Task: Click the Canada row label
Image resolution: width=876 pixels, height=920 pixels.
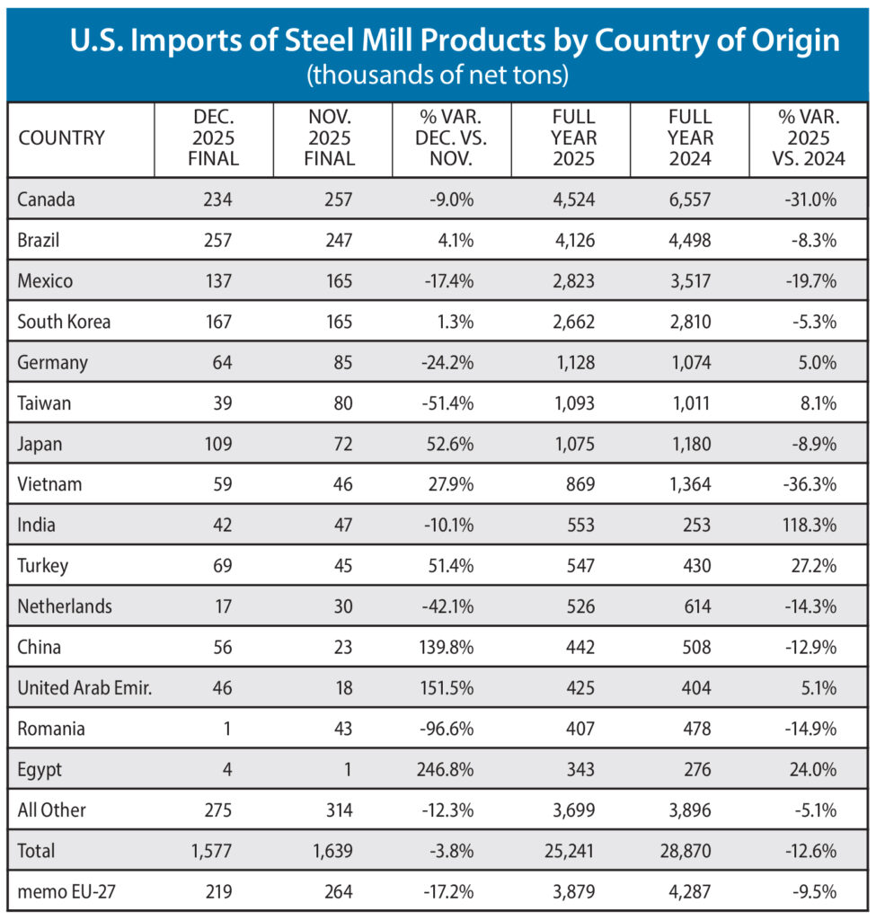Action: tap(46, 199)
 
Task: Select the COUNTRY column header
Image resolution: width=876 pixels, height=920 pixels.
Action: tap(61, 138)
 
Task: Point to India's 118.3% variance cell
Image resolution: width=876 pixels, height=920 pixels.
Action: tap(806, 525)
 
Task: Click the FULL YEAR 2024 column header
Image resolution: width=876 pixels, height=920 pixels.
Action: tap(689, 138)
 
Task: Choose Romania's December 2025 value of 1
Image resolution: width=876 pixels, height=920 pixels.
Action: tap(228, 729)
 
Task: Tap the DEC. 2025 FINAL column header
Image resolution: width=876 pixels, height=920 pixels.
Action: tap(213, 138)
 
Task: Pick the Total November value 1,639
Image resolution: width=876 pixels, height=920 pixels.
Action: tap(332, 850)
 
